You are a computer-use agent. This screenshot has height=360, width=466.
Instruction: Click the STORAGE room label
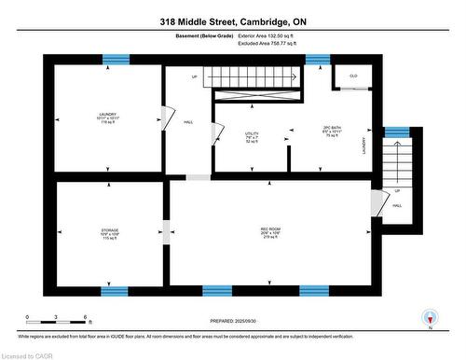[x=110, y=232]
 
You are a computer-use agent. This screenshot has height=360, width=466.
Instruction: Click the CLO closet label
[x=353, y=76]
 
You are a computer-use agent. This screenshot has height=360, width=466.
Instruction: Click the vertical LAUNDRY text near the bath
[x=363, y=145]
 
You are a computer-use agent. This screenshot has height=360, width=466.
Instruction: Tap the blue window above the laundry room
[x=116, y=60]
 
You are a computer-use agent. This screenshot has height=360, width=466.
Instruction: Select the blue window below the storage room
[x=115, y=290]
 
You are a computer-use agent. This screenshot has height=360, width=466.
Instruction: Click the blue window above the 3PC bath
[x=318, y=60]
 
